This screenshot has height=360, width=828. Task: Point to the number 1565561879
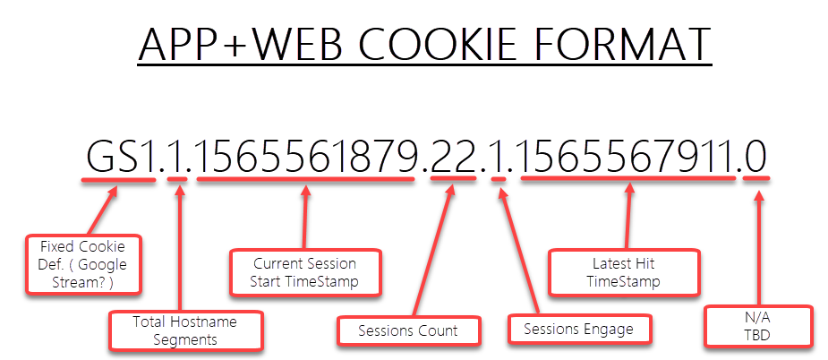point(307,157)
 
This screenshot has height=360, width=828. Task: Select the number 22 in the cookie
point(454,157)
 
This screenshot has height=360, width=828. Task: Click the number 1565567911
point(628,157)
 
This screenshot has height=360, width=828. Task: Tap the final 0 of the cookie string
point(755,157)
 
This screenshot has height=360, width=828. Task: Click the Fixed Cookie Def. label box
point(83,264)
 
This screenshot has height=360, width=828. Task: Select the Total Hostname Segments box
point(184,331)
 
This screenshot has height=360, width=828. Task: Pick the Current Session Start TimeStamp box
point(304,272)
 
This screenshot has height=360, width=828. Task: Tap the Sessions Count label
point(408,331)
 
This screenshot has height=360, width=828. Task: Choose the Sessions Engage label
point(579,330)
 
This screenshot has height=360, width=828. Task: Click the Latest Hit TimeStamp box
point(624,272)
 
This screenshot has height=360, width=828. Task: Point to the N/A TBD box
point(758,327)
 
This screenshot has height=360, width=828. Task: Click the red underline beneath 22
point(453,179)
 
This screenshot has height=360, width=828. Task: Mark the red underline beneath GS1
point(119,180)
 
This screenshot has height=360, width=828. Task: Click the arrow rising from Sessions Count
point(432,252)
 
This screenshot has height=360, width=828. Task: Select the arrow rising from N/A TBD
point(759,248)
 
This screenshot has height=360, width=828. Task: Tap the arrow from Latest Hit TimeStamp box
point(627,216)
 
